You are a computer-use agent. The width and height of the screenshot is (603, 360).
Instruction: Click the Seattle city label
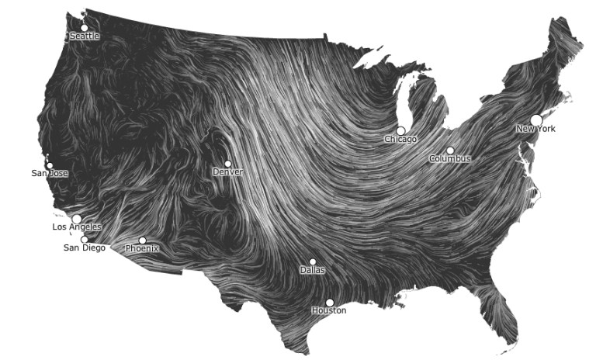coord(85,36)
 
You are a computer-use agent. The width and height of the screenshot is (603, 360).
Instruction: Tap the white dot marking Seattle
coord(84,28)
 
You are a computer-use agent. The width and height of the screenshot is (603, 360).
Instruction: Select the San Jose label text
coord(50,173)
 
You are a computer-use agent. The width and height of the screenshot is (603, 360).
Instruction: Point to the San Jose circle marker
coord(50,164)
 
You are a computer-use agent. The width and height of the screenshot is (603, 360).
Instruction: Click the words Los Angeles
coord(77,227)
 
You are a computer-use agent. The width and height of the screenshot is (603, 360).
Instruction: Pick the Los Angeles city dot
coord(77,219)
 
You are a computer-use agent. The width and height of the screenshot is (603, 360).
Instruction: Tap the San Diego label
coord(84,248)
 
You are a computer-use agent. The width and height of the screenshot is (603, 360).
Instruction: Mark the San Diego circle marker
coord(84,240)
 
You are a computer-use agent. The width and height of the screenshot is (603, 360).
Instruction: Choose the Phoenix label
coord(142,248)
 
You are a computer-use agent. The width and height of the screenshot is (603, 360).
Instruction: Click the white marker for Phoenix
coord(142,241)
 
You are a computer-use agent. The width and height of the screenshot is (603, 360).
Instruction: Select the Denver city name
coord(227,171)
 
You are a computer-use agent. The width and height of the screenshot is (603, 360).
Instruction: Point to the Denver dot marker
coord(227,164)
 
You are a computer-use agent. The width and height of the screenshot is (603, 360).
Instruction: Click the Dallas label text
coord(313,271)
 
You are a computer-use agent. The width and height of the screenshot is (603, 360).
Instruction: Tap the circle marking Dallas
coord(313,262)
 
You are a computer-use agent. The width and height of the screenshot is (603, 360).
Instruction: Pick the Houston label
coord(329,310)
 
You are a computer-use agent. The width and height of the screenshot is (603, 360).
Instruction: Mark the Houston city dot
coord(329,303)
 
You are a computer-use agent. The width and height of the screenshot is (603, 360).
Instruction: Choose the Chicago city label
coord(400,140)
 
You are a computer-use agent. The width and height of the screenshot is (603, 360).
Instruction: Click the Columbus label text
coord(450,159)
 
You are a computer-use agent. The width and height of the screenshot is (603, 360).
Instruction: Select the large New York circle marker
coord(536,119)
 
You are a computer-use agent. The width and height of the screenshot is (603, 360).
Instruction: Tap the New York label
coord(536,129)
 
